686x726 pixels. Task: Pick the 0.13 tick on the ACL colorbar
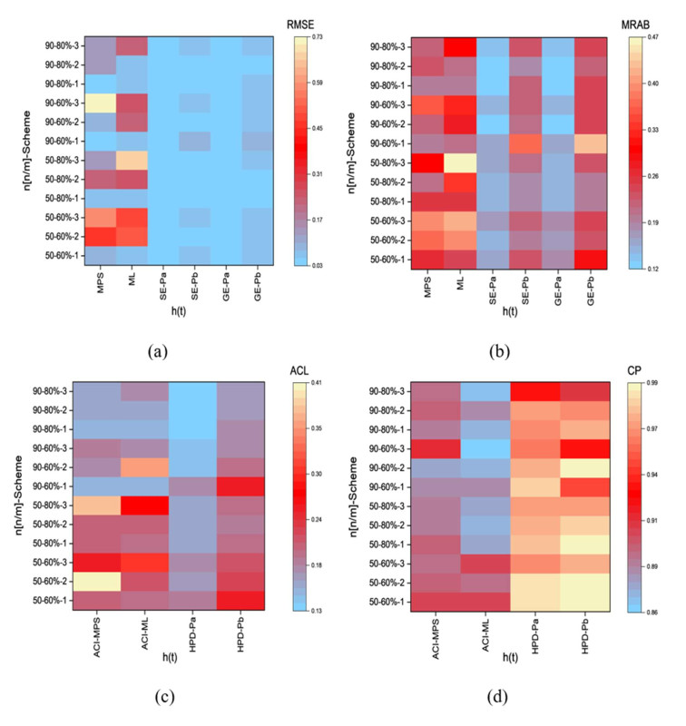(322, 611)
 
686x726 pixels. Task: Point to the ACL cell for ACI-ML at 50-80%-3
(164, 504)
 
